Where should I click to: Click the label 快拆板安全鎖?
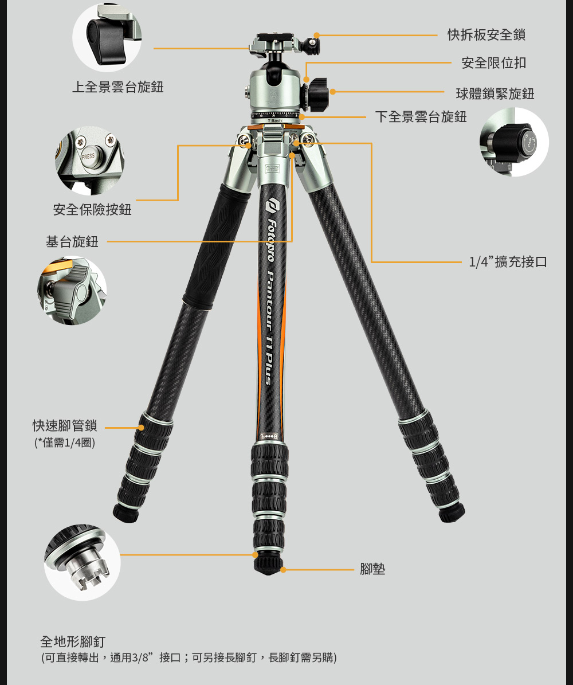pos(486,35)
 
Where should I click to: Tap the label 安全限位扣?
pos(493,63)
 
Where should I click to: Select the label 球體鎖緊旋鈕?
pos(495,93)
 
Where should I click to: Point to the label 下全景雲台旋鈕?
pos(421,116)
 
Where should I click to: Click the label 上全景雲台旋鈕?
pos(117,87)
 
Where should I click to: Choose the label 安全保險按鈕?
pos(92,210)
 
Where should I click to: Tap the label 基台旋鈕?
pos(72,241)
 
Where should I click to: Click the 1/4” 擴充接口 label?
pos(508,262)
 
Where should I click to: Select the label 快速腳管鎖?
pos(65,425)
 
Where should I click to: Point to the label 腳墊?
pos(372,569)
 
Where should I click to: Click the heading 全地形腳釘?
pos(73,642)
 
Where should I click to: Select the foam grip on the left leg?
pos(215,245)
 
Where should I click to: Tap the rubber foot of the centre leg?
pos(268,565)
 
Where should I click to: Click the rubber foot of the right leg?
pos(452,512)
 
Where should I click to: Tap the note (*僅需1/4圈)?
pos(65,443)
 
